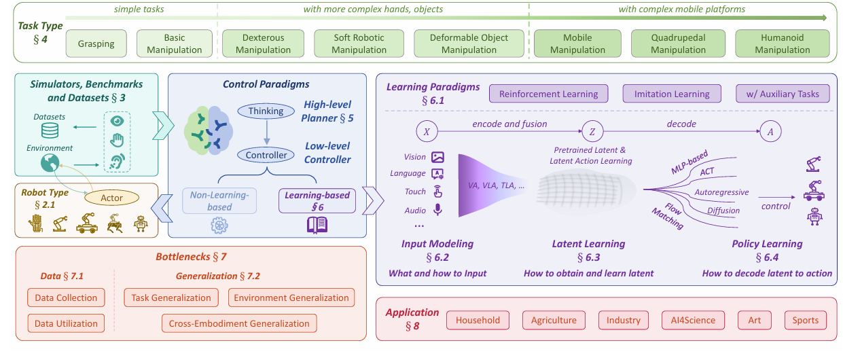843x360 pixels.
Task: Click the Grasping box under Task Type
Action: tap(95, 44)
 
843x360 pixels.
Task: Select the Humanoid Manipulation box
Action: tap(783, 43)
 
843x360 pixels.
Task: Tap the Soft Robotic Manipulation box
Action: tap(359, 43)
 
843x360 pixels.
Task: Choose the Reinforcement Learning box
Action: tap(549, 94)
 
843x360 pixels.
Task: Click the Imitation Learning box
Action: tap(672, 94)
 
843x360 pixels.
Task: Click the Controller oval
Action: tap(266, 155)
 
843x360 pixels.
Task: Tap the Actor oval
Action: tap(112, 198)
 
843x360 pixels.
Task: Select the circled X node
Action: tap(426, 131)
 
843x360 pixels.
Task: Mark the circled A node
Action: tap(770, 131)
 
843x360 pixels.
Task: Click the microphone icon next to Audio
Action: tap(438, 210)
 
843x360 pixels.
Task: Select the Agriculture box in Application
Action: tap(554, 320)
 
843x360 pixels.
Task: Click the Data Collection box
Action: tap(67, 298)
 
